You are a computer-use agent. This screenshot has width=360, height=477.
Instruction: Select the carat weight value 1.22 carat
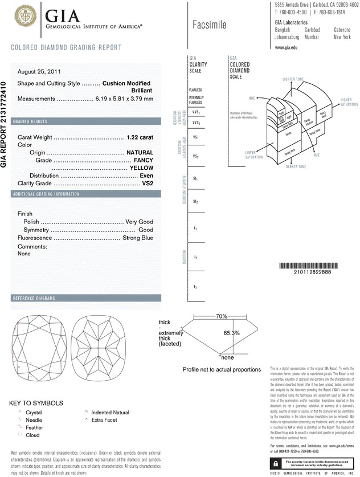coord(140,138)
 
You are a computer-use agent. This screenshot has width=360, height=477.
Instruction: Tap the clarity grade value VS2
coord(149,183)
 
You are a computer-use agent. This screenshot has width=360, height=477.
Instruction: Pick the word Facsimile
coord(210,25)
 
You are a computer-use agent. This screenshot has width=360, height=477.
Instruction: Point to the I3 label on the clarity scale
coord(195,286)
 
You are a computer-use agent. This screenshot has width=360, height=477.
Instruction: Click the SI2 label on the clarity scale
coord(195,201)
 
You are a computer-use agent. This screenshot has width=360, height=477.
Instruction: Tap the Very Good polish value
coord(140,221)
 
